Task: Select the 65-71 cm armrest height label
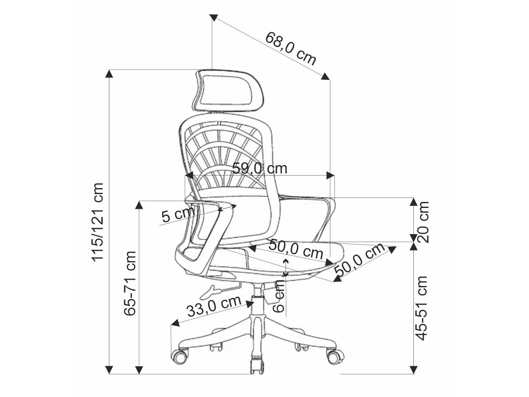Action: point(130,283)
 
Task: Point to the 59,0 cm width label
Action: point(259,169)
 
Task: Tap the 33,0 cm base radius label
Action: point(214,306)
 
